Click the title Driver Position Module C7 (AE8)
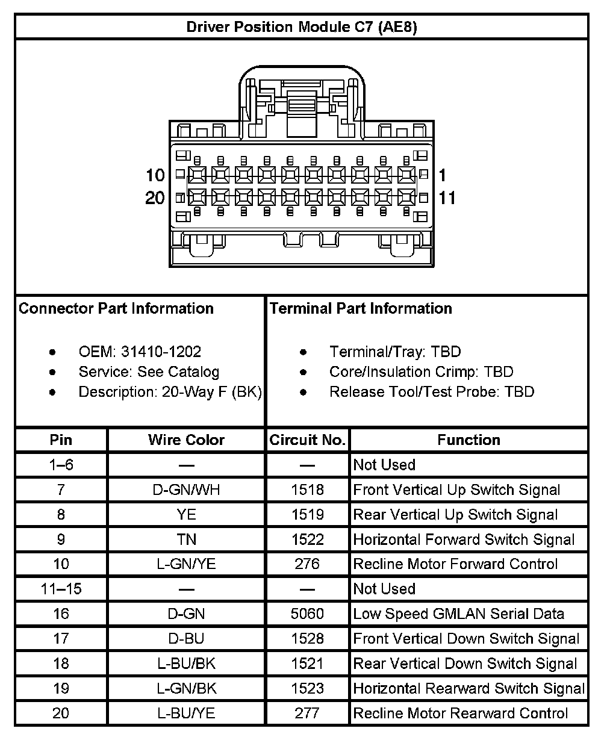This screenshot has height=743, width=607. [x=302, y=27]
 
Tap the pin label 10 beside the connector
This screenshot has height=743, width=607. [x=155, y=175]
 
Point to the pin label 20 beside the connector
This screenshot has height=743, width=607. [x=155, y=197]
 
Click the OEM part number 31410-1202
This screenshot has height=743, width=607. [x=161, y=352]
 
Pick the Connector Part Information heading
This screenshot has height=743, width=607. [x=116, y=309]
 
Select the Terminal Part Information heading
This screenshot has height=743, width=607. [x=361, y=308]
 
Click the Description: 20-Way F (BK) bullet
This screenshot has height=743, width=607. [x=170, y=392]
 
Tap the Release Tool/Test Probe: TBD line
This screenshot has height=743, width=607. [x=432, y=392]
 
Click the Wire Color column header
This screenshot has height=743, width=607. [x=186, y=440]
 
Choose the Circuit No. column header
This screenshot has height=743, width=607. [x=307, y=440]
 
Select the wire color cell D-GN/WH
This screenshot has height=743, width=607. [x=186, y=490]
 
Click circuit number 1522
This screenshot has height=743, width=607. [x=307, y=539]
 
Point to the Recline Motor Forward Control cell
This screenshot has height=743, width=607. [x=455, y=564]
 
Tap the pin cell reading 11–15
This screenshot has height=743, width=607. [x=61, y=589]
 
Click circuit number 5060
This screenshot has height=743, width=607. [x=307, y=614]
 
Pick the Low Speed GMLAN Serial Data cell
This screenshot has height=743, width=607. [x=458, y=614]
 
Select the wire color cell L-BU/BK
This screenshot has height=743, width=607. [x=186, y=664]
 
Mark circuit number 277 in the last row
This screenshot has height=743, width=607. [x=307, y=713]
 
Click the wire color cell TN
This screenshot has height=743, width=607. [x=186, y=539]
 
